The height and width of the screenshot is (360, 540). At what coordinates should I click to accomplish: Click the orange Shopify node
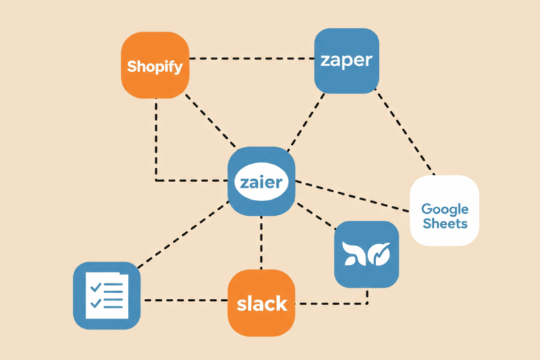155,65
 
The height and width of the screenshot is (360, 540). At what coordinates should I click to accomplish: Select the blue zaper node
346,61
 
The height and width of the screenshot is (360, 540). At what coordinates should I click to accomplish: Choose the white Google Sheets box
444,210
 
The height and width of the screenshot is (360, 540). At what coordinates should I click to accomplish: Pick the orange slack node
262,303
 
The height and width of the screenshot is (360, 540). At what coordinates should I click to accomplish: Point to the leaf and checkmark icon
366,255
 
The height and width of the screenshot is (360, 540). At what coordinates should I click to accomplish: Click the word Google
444,209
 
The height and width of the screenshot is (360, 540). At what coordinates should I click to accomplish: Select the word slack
262,304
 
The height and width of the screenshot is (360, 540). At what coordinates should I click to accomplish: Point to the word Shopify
155,67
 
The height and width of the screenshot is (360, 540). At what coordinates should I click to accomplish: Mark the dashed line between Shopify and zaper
252,58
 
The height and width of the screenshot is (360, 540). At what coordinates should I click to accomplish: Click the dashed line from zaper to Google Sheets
406,134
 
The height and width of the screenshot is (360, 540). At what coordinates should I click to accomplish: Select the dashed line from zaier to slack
262,243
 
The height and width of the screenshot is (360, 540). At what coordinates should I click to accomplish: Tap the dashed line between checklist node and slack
184,300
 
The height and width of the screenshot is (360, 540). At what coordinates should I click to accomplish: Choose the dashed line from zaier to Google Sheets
352,196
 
